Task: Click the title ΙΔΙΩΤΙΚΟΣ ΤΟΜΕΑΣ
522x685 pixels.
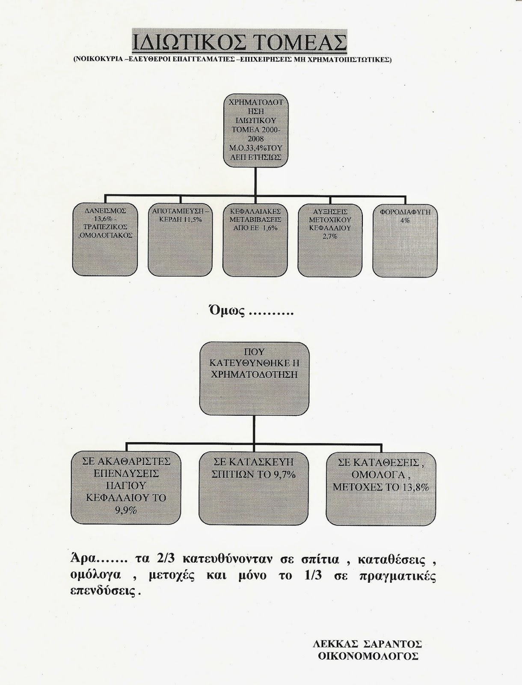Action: tap(238, 43)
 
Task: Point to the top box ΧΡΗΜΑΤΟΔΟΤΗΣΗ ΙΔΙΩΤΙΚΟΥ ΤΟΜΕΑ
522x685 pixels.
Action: tap(256, 131)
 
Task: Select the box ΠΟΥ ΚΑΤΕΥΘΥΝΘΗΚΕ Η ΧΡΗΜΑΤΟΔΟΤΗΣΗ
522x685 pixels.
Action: tap(254, 378)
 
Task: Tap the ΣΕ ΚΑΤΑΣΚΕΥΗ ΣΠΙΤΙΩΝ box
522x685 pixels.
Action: tap(254, 487)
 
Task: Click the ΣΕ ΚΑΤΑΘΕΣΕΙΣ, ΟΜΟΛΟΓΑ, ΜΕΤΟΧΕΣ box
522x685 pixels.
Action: tap(381, 487)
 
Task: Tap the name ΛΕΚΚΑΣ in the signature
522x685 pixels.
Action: tap(336, 645)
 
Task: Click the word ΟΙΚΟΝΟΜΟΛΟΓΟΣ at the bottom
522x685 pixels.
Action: tap(368, 656)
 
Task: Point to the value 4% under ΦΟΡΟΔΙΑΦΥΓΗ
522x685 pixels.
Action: tap(405, 220)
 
